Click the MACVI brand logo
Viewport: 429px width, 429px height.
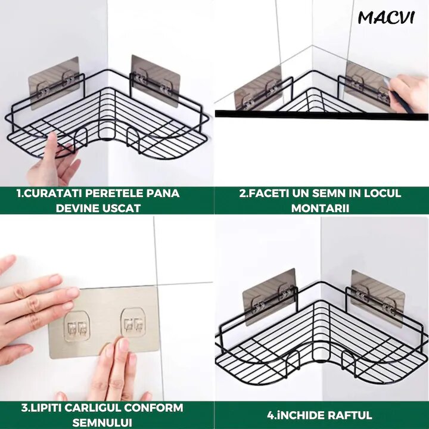click(386, 17)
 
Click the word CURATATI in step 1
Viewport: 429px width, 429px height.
click(50, 193)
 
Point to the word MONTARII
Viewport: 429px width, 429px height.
click(320, 208)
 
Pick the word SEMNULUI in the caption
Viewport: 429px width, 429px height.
click(102, 422)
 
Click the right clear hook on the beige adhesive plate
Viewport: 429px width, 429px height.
click(133, 322)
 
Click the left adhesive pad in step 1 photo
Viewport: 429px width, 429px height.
click(54, 83)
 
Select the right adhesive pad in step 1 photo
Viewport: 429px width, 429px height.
click(155, 80)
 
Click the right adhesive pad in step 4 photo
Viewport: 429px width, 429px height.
click(378, 299)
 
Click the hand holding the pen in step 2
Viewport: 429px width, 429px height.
click(408, 93)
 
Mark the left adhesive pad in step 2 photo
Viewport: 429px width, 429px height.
click(258, 88)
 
